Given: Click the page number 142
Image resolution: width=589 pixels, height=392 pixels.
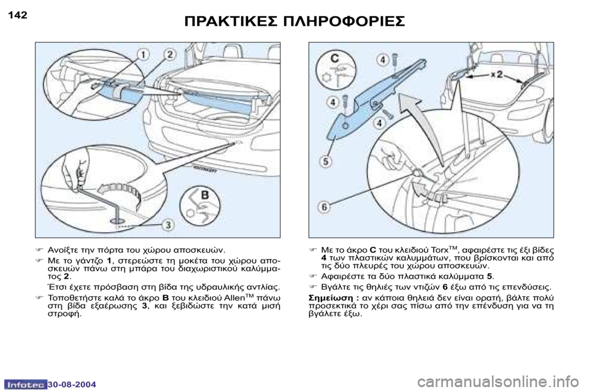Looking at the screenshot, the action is (18, 15).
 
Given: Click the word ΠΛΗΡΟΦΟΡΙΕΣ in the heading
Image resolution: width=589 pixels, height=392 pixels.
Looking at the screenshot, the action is (344, 21).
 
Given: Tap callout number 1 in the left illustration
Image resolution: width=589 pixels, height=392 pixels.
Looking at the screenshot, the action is (143, 55).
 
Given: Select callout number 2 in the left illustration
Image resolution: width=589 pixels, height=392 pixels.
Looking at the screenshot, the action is (169, 55).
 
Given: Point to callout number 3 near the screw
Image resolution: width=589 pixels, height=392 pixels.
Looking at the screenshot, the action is (168, 225).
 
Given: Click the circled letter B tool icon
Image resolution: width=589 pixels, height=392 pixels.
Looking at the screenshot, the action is (199, 206).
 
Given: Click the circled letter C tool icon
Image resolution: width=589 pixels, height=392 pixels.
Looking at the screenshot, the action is (336, 71).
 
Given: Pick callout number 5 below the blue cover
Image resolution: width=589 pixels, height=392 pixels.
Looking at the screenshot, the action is (326, 162).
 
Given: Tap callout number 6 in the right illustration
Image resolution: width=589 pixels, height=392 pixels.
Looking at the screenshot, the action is (324, 206).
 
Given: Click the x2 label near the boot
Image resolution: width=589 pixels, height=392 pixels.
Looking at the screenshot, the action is (496, 74).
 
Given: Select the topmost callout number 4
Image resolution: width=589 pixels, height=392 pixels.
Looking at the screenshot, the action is (382, 59).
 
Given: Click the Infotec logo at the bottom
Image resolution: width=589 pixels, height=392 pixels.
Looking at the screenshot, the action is (26, 385).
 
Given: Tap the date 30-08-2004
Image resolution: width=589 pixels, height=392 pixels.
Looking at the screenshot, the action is (72, 385).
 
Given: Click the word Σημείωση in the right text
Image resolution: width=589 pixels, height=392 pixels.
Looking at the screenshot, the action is (330, 298).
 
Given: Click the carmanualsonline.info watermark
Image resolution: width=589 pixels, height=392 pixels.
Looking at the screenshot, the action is (501, 382).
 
